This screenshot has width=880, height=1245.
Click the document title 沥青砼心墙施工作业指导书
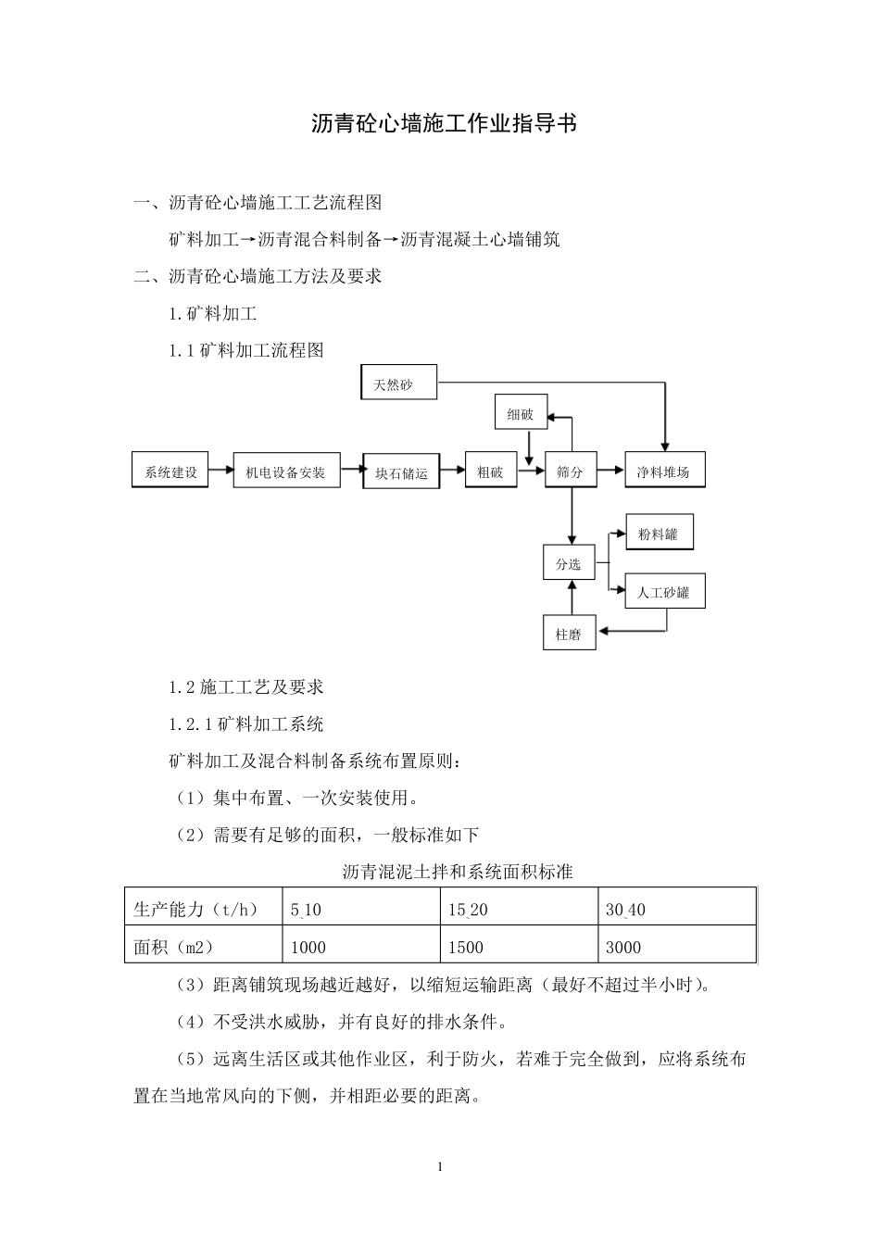[444, 124]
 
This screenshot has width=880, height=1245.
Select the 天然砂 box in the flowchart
[398, 383]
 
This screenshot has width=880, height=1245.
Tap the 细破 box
[521, 415]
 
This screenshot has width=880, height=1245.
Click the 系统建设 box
[170, 472]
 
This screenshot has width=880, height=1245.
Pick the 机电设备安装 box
[286, 472]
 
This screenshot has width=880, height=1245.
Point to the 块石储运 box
[401, 472]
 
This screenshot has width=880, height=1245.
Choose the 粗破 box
[490, 472]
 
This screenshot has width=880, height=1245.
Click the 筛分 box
[570, 472]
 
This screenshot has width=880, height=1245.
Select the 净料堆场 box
[663, 472]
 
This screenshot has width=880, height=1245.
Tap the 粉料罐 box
[658, 534]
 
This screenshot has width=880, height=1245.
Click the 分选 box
[568, 562]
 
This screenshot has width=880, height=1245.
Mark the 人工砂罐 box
[664, 591]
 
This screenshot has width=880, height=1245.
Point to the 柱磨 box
[568, 634]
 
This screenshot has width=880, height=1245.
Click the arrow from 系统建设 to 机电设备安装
[220, 471]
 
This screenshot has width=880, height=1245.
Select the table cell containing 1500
[518, 947]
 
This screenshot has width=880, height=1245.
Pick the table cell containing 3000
[676, 947]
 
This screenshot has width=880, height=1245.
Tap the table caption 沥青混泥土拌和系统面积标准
[458, 872]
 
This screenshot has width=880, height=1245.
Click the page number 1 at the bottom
[440, 1166]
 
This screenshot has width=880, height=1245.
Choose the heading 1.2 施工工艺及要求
[246, 687]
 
